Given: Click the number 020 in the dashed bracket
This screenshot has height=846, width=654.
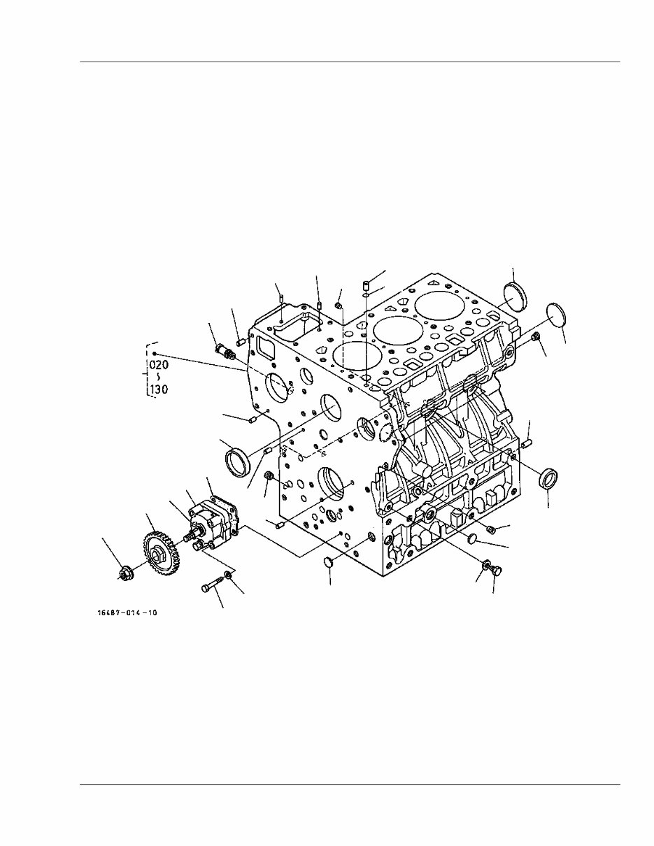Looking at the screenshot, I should (x=159, y=364).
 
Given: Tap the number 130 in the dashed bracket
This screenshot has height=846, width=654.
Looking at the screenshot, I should (x=159, y=389).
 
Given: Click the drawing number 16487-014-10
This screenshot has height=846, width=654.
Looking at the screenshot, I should (x=127, y=612).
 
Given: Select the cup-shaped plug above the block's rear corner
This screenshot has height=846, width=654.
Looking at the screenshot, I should (x=517, y=296).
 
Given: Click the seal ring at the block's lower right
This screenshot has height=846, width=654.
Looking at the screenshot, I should (x=548, y=480).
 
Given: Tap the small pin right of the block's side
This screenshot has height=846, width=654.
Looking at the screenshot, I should (x=527, y=442).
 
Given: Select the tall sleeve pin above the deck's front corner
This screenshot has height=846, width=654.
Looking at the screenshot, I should (x=365, y=285).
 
